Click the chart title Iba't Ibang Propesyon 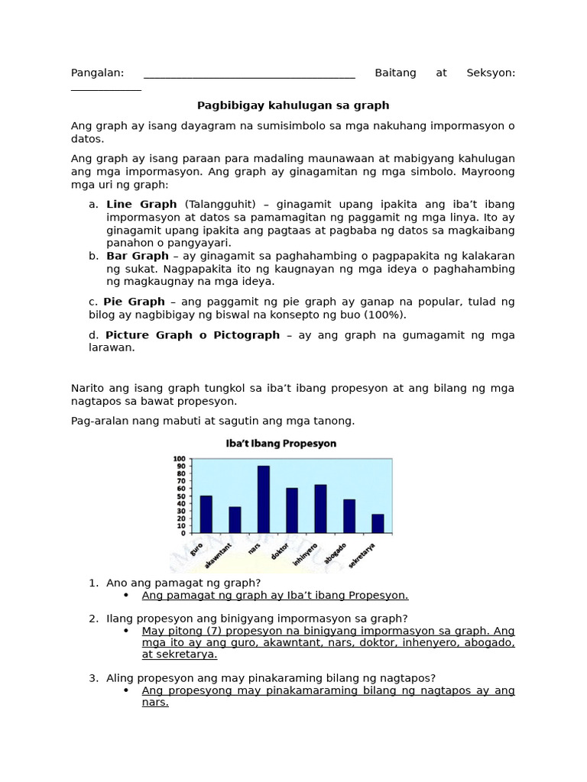pos(280,443)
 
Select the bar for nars pos(263,499)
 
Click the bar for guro pos(206,514)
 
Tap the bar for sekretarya pos(378,523)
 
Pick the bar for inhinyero pos(320,509)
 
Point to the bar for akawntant pos(235,519)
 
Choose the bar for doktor pos(292,510)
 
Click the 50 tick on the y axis pos(180,496)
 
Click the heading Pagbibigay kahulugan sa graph pos(293,105)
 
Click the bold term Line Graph pos(141,205)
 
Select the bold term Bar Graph pos(138,256)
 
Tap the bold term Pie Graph pos(135,302)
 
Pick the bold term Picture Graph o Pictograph pos(193,335)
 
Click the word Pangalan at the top pos(97,73)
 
